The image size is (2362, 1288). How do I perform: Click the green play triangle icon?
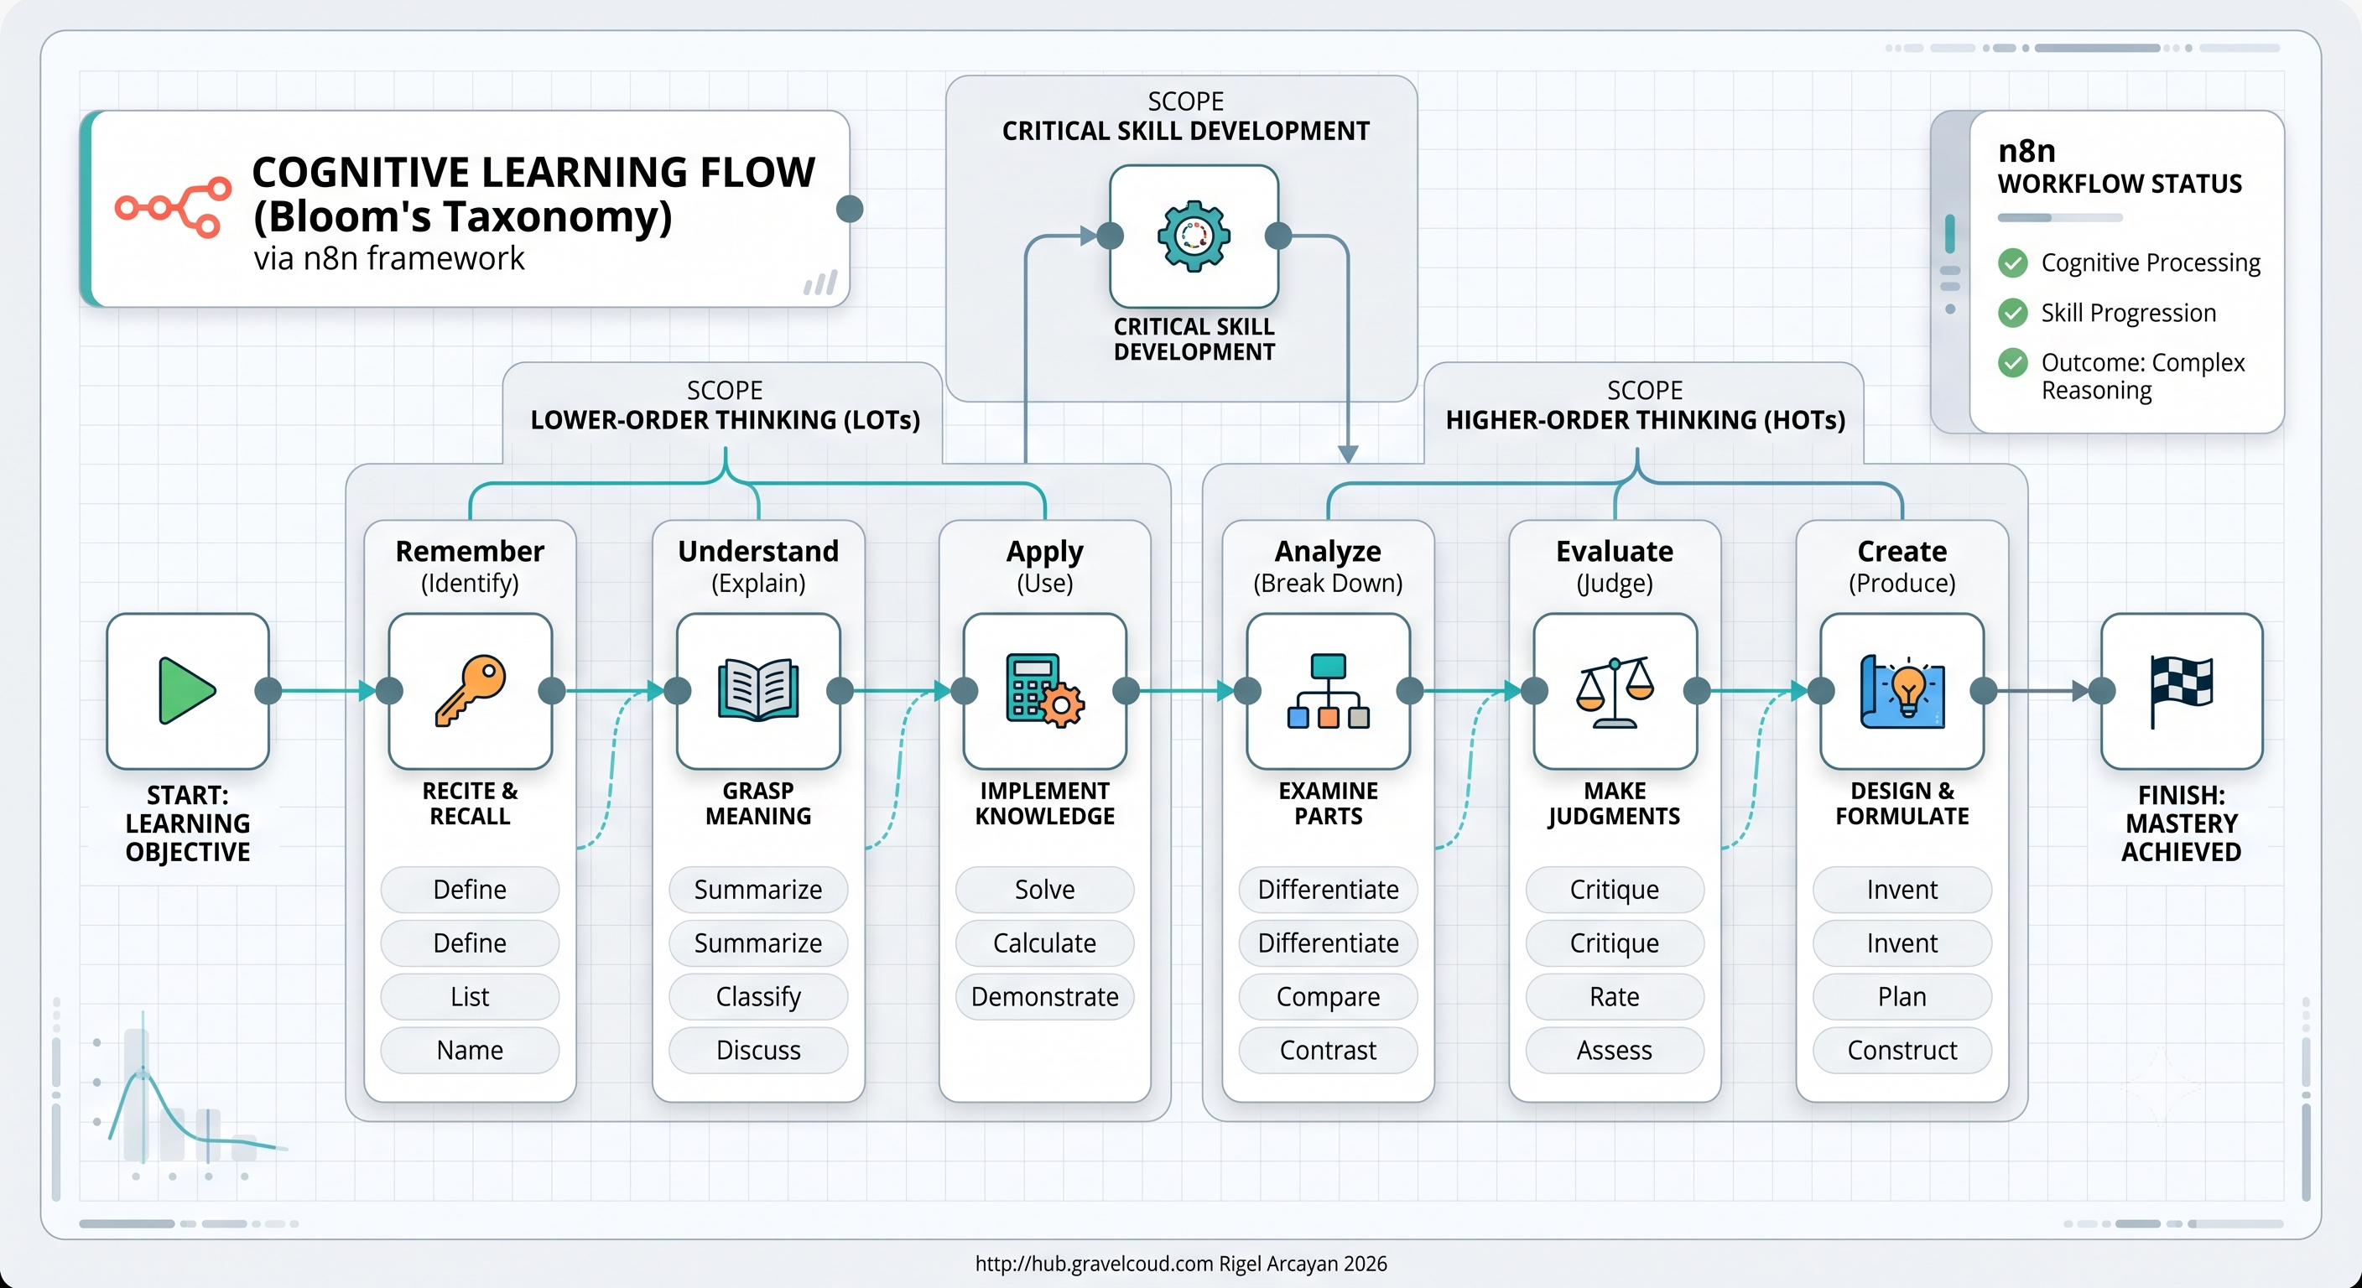[x=186, y=690]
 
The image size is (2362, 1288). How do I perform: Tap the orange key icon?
[x=471, y=690]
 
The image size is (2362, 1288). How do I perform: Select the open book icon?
[x=758, y=690]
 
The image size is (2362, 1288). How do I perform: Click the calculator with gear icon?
[x=1045, y=690]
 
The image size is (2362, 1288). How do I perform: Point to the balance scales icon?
[x=1615, y=691]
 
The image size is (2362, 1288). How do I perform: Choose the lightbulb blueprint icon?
[x=1902, y=691]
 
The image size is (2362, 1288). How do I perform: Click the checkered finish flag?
[x=2182, y=690]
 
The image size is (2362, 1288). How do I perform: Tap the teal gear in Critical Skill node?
[x=1194, y=236]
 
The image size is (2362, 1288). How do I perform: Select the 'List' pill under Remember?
[x=470, y=996]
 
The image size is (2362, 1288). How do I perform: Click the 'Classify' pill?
[x=758, y=996]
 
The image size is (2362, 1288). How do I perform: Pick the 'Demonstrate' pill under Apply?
[x=1044, y=996]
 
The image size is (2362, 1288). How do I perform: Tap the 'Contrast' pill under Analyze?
[x=1328, y=1050]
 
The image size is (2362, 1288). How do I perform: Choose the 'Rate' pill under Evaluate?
[x=1615, y=996]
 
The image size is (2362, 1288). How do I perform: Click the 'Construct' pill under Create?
[x=1902, y=1050]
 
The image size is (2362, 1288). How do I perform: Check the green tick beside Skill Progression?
[x=2013, y=313]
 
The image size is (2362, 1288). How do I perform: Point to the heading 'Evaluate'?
[x=1615, y=551]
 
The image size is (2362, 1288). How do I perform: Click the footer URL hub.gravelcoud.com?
[x=1094, y=1263]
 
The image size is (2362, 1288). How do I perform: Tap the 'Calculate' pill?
[x=1044, y=943]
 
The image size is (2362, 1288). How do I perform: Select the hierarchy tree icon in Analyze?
[x=1328, y=691]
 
